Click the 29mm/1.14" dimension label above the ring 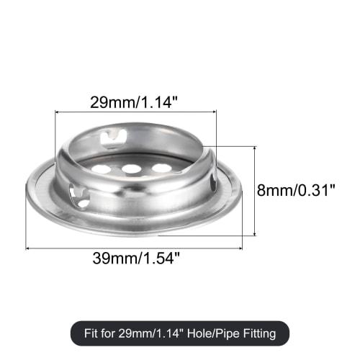point(135,102)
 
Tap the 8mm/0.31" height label point(296,191)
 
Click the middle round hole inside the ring point(131,170)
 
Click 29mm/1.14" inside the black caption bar point(155,333)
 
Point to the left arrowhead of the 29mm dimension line point(58,112)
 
